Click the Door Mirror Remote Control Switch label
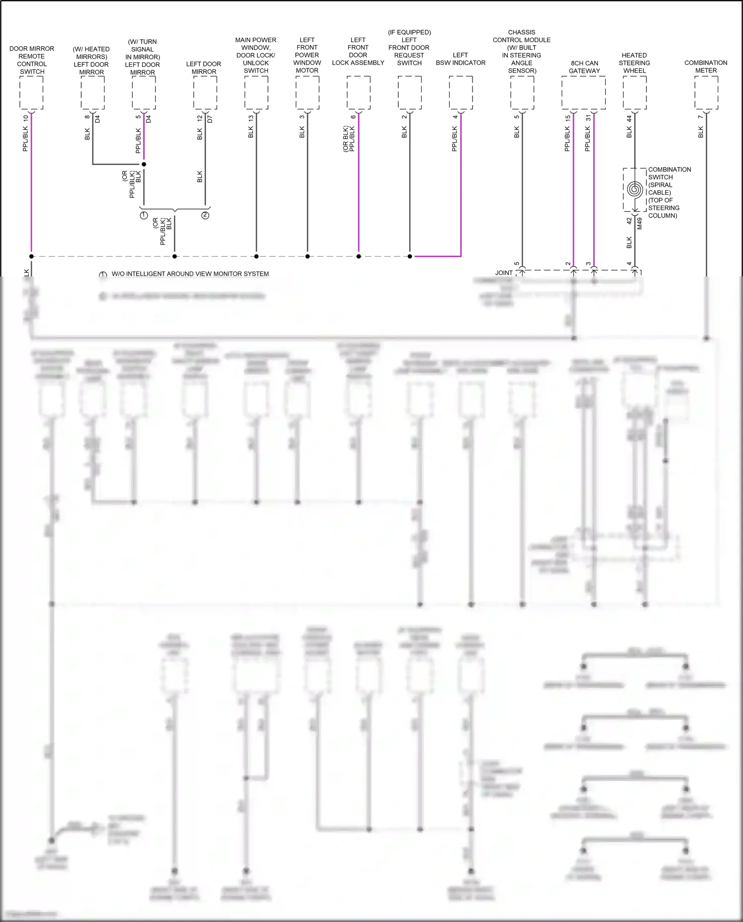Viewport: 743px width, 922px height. pos(32,60)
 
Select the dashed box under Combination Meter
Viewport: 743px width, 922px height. pos(706,93)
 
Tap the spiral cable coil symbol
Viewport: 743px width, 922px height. pos(635,190)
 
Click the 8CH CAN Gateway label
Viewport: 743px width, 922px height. pos(584,67)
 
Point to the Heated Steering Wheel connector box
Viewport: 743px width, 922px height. pos(635,93)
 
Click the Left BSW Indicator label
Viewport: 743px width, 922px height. pos(460,59)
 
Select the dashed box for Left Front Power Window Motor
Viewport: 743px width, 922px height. pos(307,93)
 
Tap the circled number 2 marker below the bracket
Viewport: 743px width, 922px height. pos(205,216)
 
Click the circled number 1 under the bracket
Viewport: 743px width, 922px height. pos(144,216)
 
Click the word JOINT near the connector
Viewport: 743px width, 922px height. pos(504,272)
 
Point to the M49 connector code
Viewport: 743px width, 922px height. pos(639,223)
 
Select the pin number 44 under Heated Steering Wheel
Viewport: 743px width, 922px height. pos(629,119)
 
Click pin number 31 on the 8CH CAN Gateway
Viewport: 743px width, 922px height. pos(588,118)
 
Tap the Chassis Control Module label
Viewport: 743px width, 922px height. pos(522,52)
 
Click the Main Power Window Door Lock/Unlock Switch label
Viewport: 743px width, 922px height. pos(256,55)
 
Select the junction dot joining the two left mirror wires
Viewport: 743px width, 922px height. pos(144,164)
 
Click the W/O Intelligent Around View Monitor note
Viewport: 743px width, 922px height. pos(190,274)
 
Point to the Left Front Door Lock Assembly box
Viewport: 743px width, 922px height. pos(358,93)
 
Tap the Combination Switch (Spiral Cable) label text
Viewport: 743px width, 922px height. pos(669,192)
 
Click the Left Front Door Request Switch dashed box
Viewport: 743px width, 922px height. pos(410,93)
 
